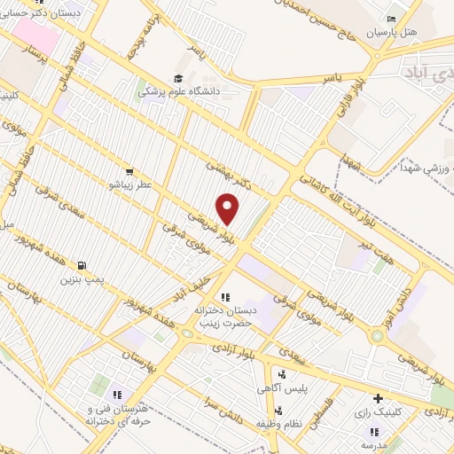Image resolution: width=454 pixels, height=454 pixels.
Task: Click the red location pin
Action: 229,209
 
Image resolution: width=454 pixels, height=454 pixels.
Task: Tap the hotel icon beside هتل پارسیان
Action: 392,20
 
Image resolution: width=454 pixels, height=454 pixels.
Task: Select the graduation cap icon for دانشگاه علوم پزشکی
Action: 176,78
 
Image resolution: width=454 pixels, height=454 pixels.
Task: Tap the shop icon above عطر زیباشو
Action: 129,171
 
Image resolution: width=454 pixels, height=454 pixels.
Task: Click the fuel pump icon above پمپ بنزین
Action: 82,265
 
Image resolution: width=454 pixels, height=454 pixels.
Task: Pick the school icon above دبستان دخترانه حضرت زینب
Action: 225,296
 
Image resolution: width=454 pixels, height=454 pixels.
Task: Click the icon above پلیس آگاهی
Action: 282,375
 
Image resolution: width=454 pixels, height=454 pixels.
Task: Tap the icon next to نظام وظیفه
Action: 278,411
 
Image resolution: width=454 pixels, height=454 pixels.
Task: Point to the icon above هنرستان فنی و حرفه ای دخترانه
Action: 115,395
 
